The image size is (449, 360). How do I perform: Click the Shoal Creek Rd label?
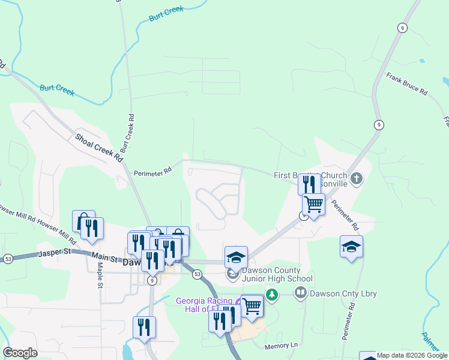[x=99, y=148]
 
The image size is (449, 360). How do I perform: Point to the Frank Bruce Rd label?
[x=406, y=85]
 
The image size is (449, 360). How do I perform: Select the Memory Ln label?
[x=281, y=346]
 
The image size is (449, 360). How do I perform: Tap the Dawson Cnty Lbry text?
[x=338, y=294]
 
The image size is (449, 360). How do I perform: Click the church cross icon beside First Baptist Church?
[x=357, y=178]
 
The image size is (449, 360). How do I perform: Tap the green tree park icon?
[x=273, y=295]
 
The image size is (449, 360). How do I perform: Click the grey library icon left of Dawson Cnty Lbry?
[x=300, y=293]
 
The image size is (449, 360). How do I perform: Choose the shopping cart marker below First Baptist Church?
[x=313, y=204]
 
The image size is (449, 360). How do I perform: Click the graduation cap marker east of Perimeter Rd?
[x=351, y=246]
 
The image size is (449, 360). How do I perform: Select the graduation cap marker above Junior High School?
[x=236, y=257]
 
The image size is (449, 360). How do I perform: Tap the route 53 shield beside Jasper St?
[x=8, y=259]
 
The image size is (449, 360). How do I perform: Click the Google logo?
[x=20, y=353]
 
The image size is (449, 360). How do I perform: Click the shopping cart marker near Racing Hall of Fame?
[x=252, y=305]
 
